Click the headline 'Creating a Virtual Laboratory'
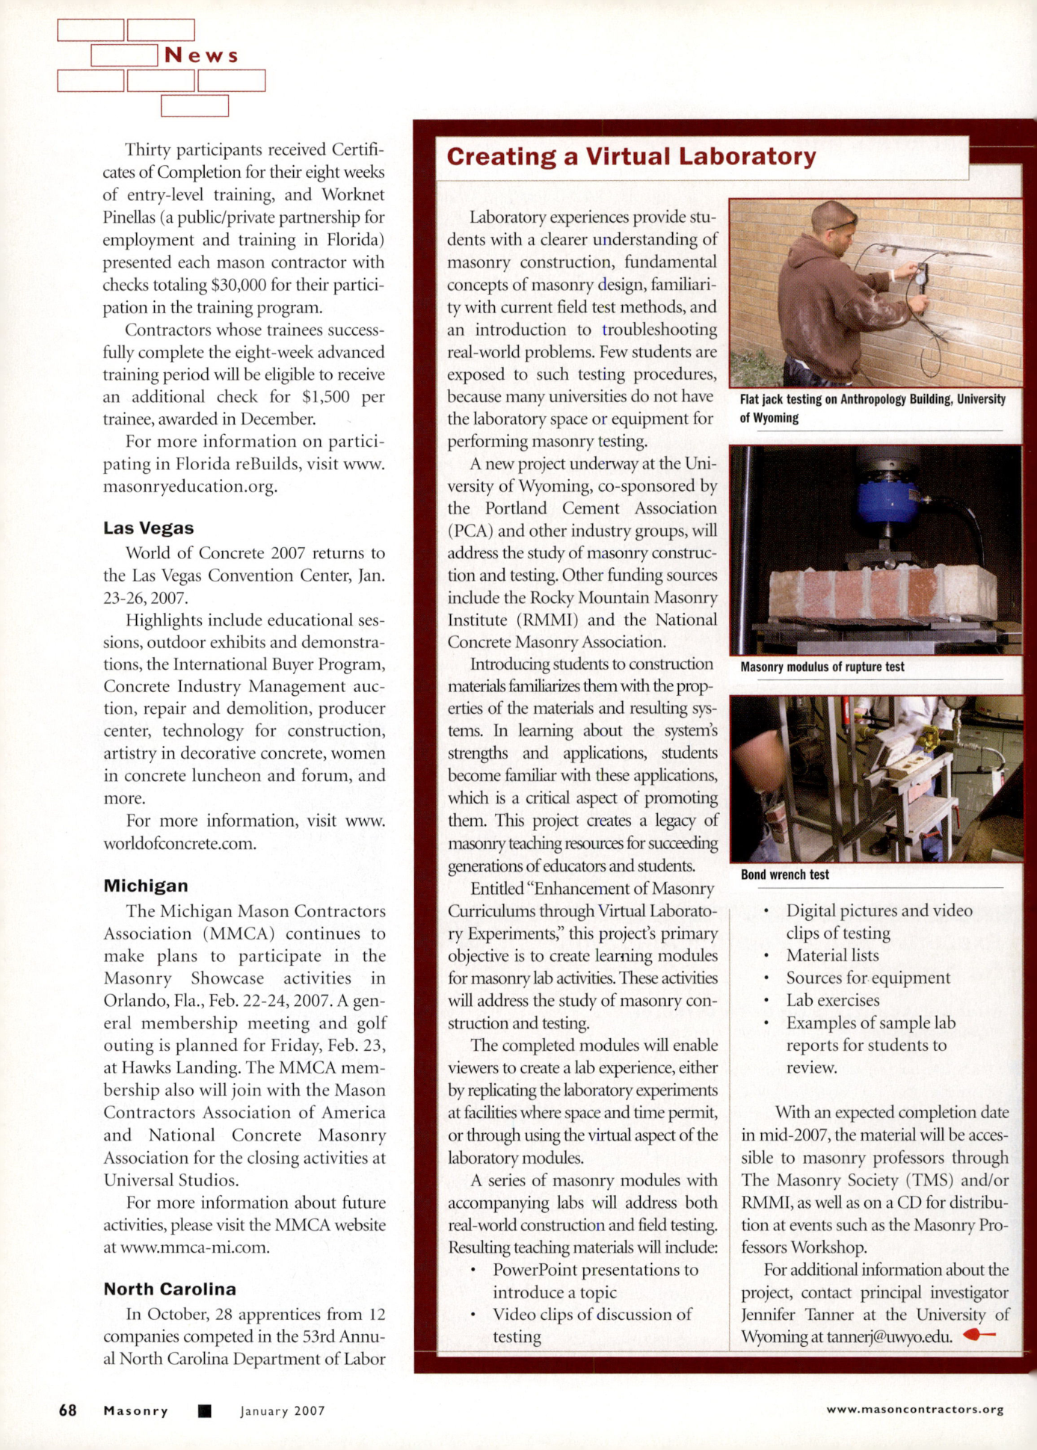pos(631,157)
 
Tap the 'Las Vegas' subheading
pos(148,528)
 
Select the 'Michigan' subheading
pos(146,886)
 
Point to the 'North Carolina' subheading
pos(170,1289)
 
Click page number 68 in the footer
pos(67,1410)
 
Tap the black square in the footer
pos(204,1411)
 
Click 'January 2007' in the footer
pos(283,1411)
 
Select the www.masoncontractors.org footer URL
pos(914,1410)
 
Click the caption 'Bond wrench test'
pos(784,874)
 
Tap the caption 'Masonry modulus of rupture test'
pos(822,667)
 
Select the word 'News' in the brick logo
pos(201,55)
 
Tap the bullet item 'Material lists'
pos(832,955)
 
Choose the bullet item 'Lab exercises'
pos(832,1000)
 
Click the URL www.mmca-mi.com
pos(194,1247)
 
